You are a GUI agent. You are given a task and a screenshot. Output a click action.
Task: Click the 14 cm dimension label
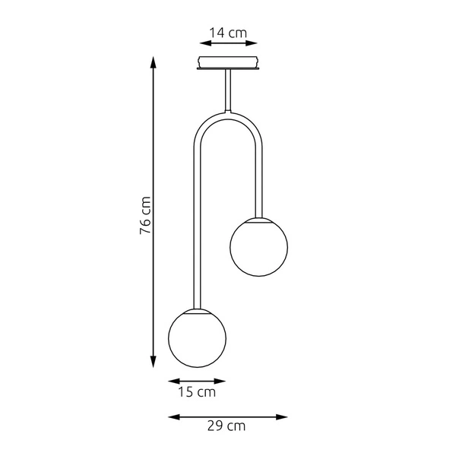(229, 33)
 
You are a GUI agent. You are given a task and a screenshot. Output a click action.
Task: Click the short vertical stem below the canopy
(228, 91)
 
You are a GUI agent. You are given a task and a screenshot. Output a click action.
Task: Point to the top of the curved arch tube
(228, 116)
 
